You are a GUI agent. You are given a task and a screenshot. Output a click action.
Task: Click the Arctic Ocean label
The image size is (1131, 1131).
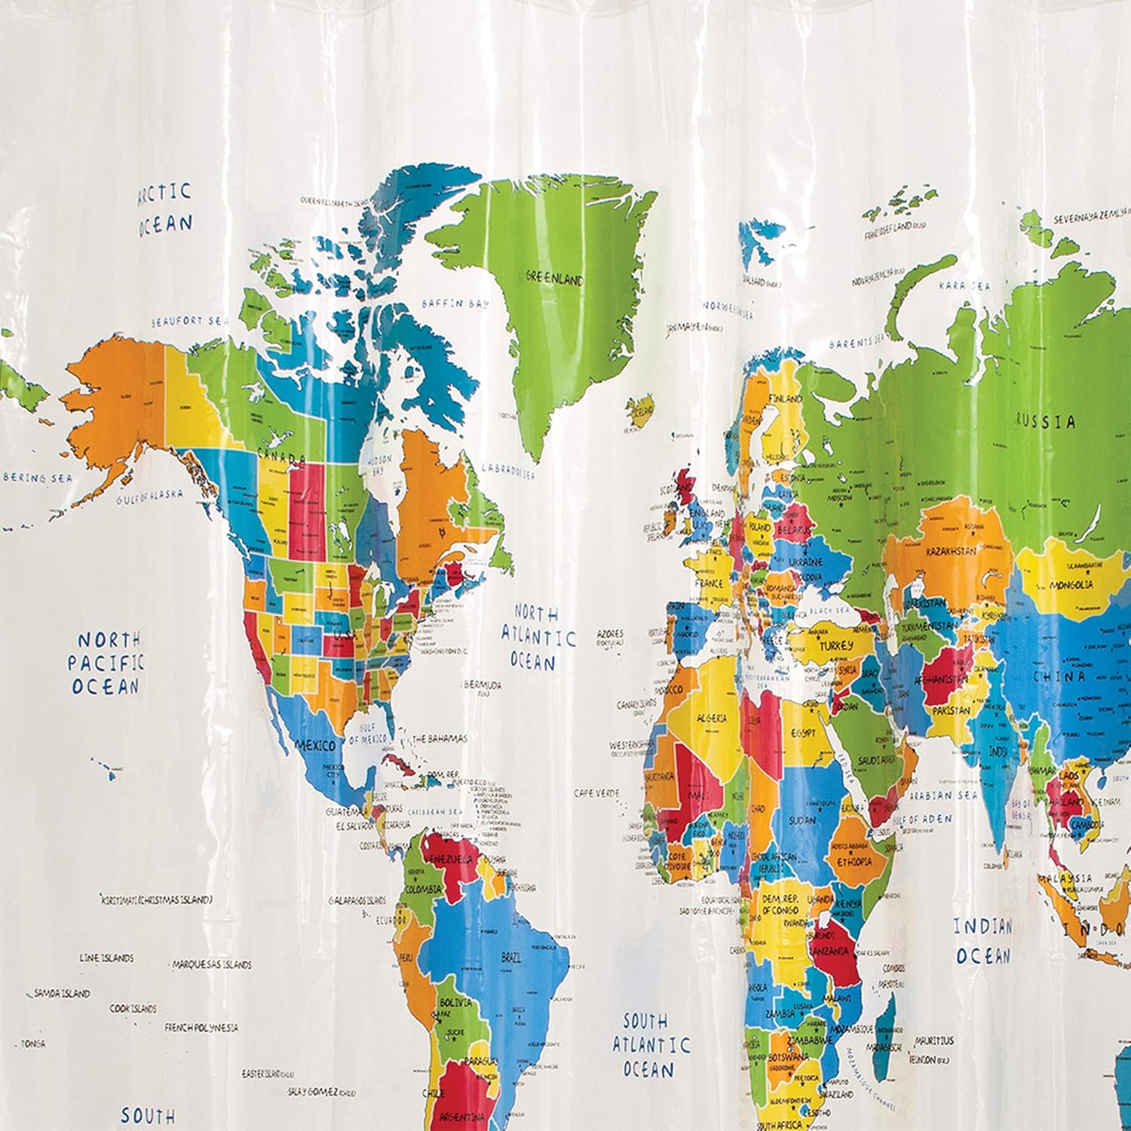click(164, 209)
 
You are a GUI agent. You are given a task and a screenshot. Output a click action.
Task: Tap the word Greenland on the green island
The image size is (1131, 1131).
click(555, 279)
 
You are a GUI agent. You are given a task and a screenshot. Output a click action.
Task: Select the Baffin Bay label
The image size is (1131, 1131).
click(455, 304)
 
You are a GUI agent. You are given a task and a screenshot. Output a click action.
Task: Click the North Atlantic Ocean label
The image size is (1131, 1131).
click(538, 637)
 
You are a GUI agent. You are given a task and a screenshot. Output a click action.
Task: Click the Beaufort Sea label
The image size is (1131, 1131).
click(188, 321)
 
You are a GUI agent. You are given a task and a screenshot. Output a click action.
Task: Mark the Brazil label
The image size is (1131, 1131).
click(510, 958)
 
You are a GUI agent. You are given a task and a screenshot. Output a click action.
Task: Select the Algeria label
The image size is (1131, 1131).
click(712, 719)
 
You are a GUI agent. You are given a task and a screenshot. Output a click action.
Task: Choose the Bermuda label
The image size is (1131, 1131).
click(483, 685)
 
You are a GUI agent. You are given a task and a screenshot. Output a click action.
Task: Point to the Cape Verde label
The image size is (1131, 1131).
click(596, 793)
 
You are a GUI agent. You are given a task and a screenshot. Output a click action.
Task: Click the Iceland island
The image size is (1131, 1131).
click(642, 412)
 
